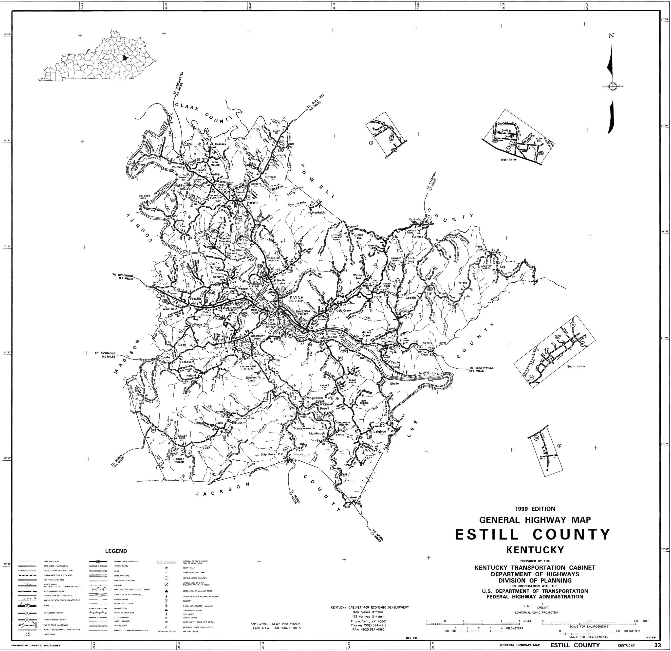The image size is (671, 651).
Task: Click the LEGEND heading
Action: click(116, 551)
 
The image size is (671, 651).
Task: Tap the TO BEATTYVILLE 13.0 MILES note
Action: click(481, 369)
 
